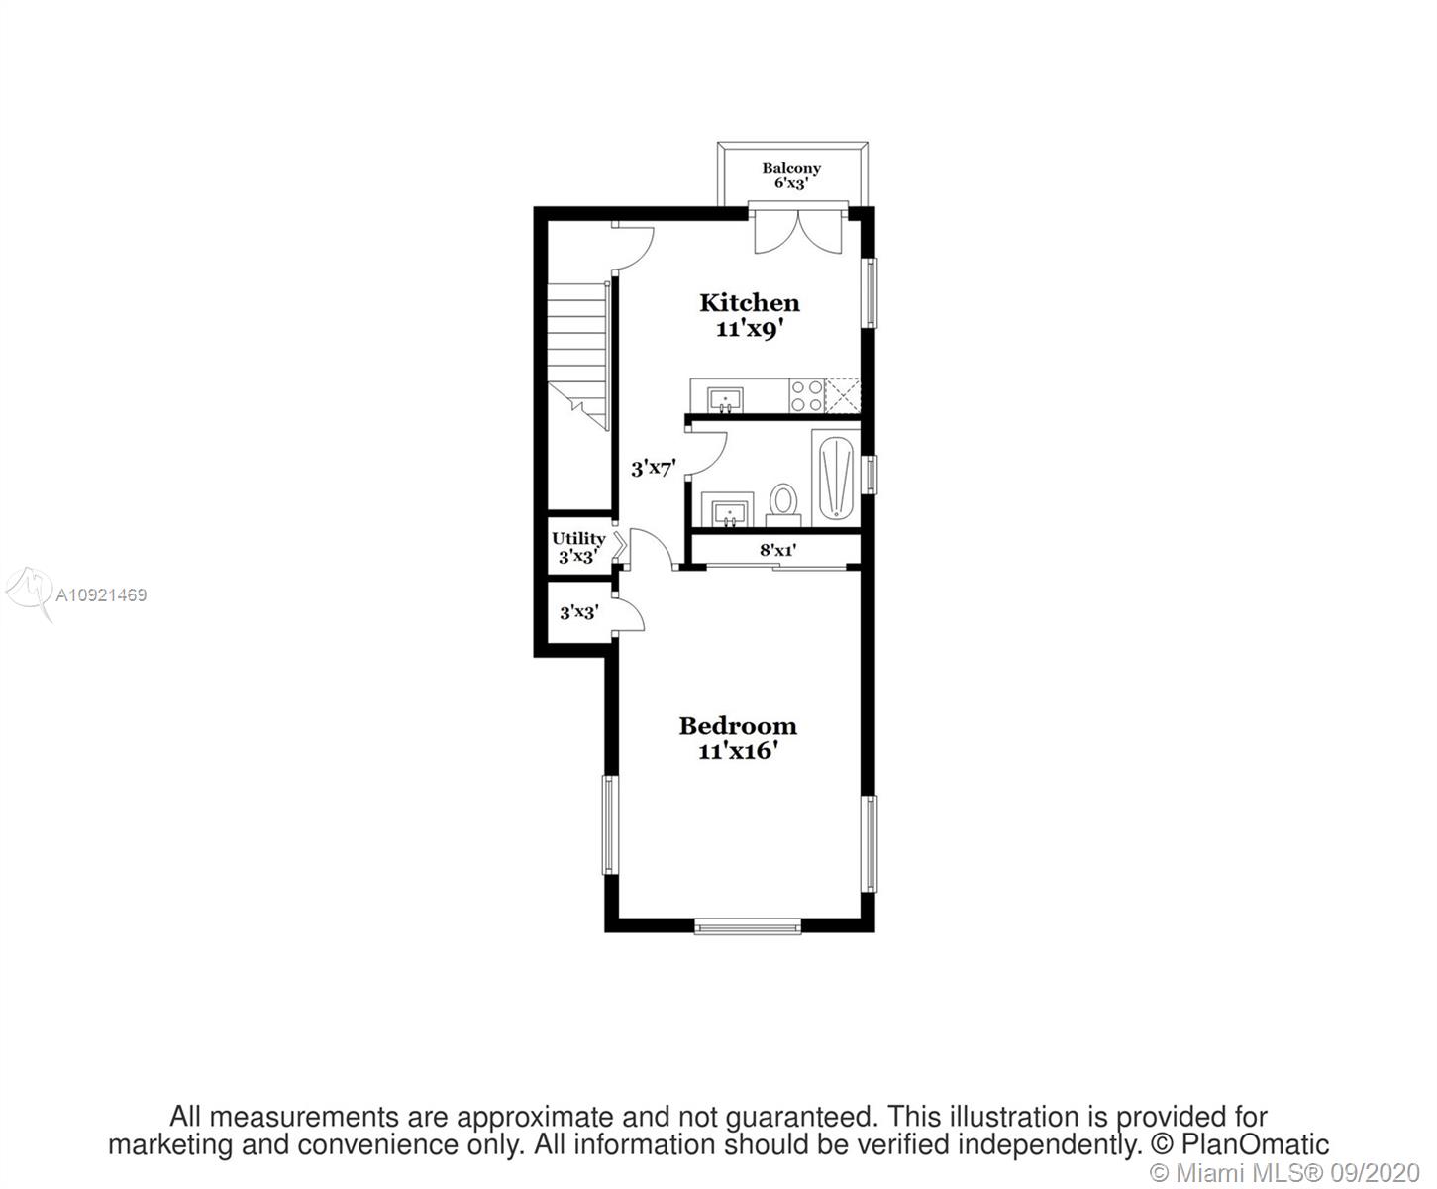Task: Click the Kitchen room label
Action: tap(750, 303)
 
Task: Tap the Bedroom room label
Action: tap(738, 725)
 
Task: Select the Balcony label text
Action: tap(791, 168)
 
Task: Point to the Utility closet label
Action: tap(578, 538)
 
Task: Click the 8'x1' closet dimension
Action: tap(778, 549)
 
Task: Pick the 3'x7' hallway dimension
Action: tap(654, 469)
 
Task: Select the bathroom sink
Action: tap(728, 510)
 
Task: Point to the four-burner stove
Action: tap(806, 396)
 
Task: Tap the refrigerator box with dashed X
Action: tap(843, 396)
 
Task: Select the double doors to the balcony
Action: tap(797, 231)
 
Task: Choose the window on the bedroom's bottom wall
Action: tap(748, 926)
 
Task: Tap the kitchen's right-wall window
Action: tap(871, 292)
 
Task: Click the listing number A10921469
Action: tap(101, 594)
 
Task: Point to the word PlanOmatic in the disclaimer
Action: tap(1256, 1144)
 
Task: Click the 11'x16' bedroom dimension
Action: tap(738, 751)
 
